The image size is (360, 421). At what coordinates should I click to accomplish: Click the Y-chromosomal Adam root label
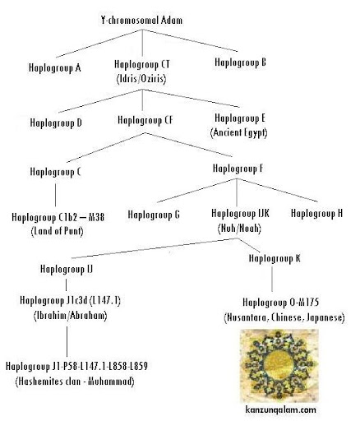pyautogui.click(x=141, y=21)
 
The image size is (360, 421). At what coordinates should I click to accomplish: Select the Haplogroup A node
pyautogui.click(x=55, y=67)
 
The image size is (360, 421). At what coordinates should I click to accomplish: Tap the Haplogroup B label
pyautogui.click(x=240, y=62)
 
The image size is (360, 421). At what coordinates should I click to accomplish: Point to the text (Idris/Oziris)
pyautogui.click(x=141, y=79)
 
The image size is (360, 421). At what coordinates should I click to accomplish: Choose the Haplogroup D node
pyautogui.click(x=56, y=123)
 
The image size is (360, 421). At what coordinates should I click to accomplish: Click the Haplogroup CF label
pyautogui.click(x=145, y=120)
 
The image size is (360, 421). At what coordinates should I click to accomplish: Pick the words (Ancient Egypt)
pyautogui.click(x=239, y=132)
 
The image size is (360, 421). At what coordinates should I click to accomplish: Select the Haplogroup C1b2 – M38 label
pyautogui.click(x=58, y=217)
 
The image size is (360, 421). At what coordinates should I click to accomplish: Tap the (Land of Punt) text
pyautogui.click(x=57, y=231)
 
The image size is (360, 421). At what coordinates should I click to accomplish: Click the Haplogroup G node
pyautogui.click(x=154, y=215)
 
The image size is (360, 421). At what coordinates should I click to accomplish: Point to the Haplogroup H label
pyautogui.click(x=317, y=213)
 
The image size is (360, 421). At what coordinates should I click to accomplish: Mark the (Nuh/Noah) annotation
pyautogui.click(x=239, y=229)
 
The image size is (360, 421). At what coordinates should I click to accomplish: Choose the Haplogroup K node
pyautogui.click(x=275, y=258)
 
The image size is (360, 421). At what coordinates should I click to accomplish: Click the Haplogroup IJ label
pyautogui.click(x=67, y=269)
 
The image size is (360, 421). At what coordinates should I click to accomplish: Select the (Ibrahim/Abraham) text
pyautogui.click(x=71, y=316)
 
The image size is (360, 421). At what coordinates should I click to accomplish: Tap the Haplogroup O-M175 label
pyautogui.click(x=281, y=303)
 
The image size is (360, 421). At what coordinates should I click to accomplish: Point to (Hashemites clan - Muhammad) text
pyautogui.click(x=75, y=382)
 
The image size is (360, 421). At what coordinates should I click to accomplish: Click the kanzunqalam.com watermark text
pyautogui.click(x=281, y=410)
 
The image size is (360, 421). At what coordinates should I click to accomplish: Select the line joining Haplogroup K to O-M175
pyautogui.click(x=272, y=279)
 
